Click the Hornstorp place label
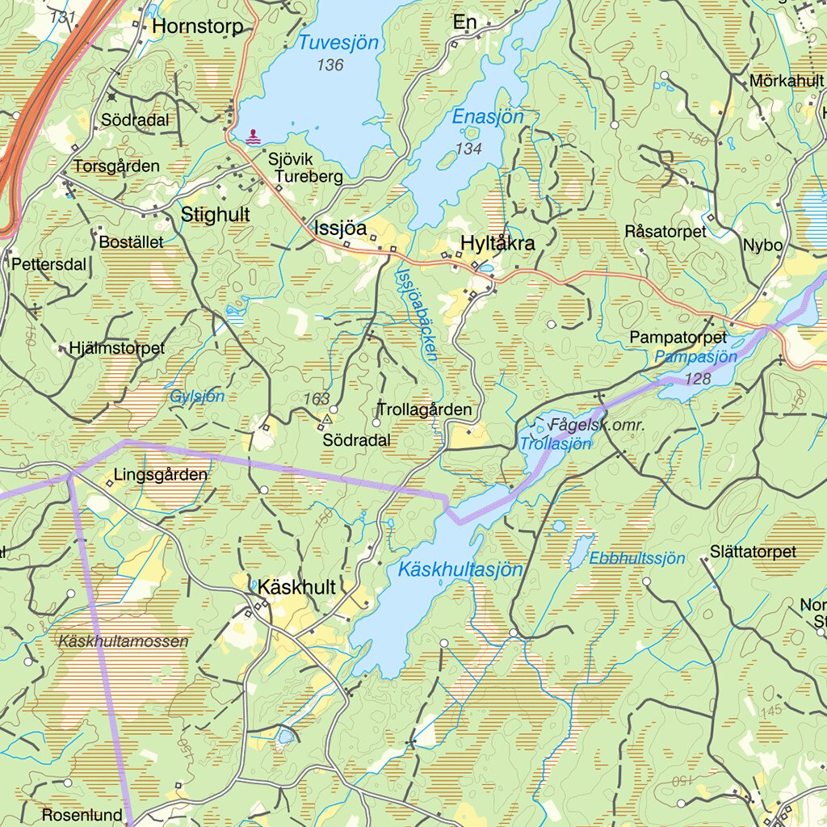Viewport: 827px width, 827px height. [197, 27]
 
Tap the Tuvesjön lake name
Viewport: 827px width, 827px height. [338, 44]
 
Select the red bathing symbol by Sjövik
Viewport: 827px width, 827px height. [254, 136]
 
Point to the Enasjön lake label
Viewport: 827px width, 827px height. [488, 117]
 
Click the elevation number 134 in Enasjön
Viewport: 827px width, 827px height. [468, 149]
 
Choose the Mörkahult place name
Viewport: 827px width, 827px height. [786, 81]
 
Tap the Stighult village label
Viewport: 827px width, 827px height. [215, 215]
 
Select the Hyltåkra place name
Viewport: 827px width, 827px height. [497, 242]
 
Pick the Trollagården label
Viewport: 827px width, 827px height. [424, 410]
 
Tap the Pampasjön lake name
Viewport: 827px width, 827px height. [696, 356]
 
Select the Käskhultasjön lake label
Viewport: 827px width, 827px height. [460, 570]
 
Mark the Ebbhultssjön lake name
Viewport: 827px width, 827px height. [636, 558]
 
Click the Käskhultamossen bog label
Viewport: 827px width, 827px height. [124, 641]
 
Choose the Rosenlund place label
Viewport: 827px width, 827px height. [82, 814]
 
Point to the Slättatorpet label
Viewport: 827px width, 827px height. [753, 552]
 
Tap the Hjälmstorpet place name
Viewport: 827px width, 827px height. [117, 348]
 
